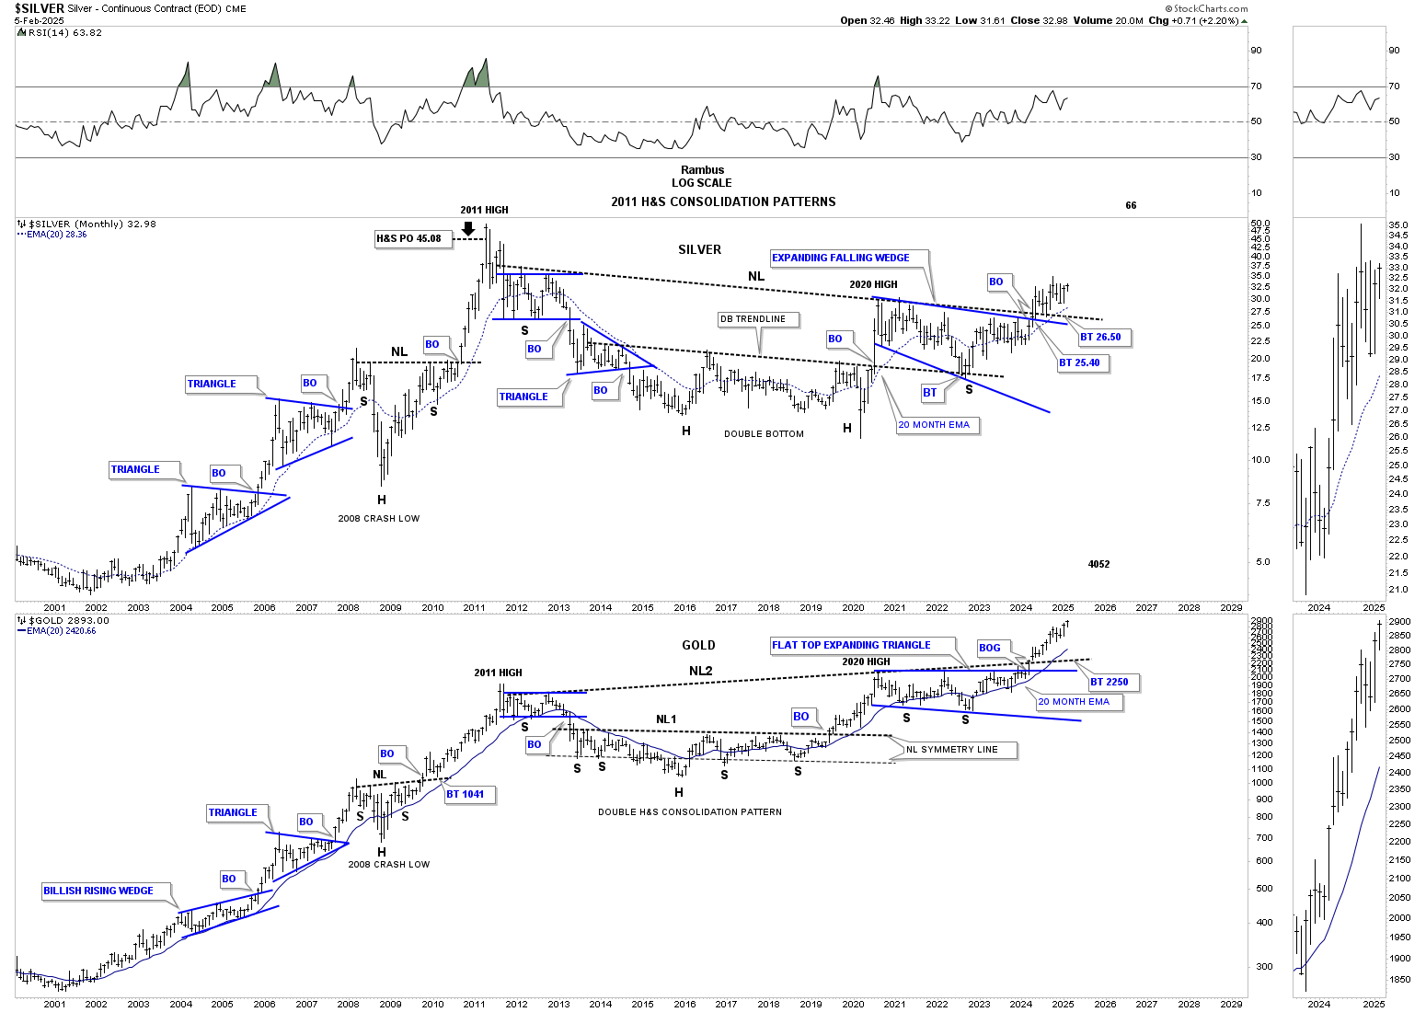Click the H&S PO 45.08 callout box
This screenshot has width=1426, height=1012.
tap(408, 239)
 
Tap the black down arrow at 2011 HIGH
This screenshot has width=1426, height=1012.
tap(468, 228)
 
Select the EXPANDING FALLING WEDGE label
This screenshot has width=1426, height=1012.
tap(840, 259)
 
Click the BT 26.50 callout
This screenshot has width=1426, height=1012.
tap(1100, 338)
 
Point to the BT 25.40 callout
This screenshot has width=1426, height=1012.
tap(1079, 363)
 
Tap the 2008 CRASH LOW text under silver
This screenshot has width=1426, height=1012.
tap(378, 519)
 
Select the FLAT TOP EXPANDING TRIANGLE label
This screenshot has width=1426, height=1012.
tap(851, 646)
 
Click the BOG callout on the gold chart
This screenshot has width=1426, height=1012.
tap(989, 649)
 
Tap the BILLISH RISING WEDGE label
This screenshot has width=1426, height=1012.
tap(98, 891)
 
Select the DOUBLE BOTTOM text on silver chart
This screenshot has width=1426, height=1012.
tap(764, 434)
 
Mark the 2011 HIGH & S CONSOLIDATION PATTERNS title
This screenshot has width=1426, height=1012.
tap(723, 202)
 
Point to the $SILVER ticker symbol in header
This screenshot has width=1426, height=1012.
tap(39, 9)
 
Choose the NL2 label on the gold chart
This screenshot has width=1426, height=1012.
tap(700, 672)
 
